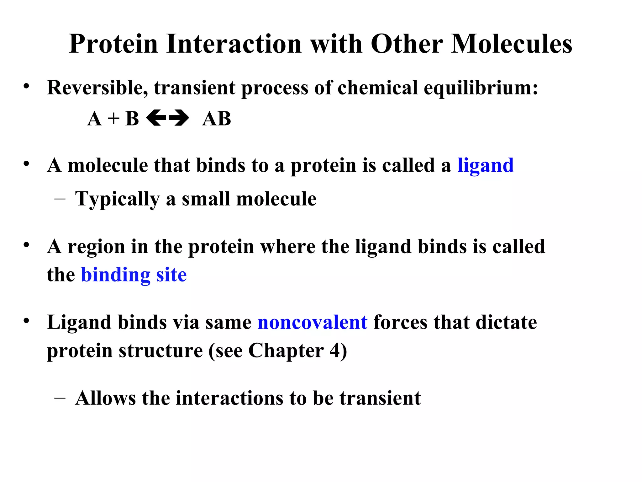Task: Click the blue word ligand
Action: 485,165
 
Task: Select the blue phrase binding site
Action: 134,275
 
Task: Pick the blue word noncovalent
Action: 312,322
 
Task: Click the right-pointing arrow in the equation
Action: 179,119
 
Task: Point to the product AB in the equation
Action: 217,119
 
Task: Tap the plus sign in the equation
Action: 113,119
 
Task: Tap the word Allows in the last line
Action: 105,398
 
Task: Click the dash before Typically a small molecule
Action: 60,199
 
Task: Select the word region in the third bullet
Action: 96,247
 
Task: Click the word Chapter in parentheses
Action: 286,351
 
